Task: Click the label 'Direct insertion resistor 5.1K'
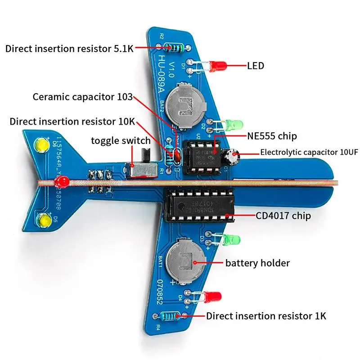coord(69,48)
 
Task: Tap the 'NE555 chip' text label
coord(272,135)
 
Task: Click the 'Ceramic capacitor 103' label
coord(83,96)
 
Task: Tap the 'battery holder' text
coord(257,263)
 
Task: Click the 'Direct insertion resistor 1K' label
coord(266,315)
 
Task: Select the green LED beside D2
coord(234,124)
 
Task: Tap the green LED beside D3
coord(234,240)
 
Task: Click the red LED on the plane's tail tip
coord(61,182)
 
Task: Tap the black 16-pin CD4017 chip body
coord(200,205)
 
